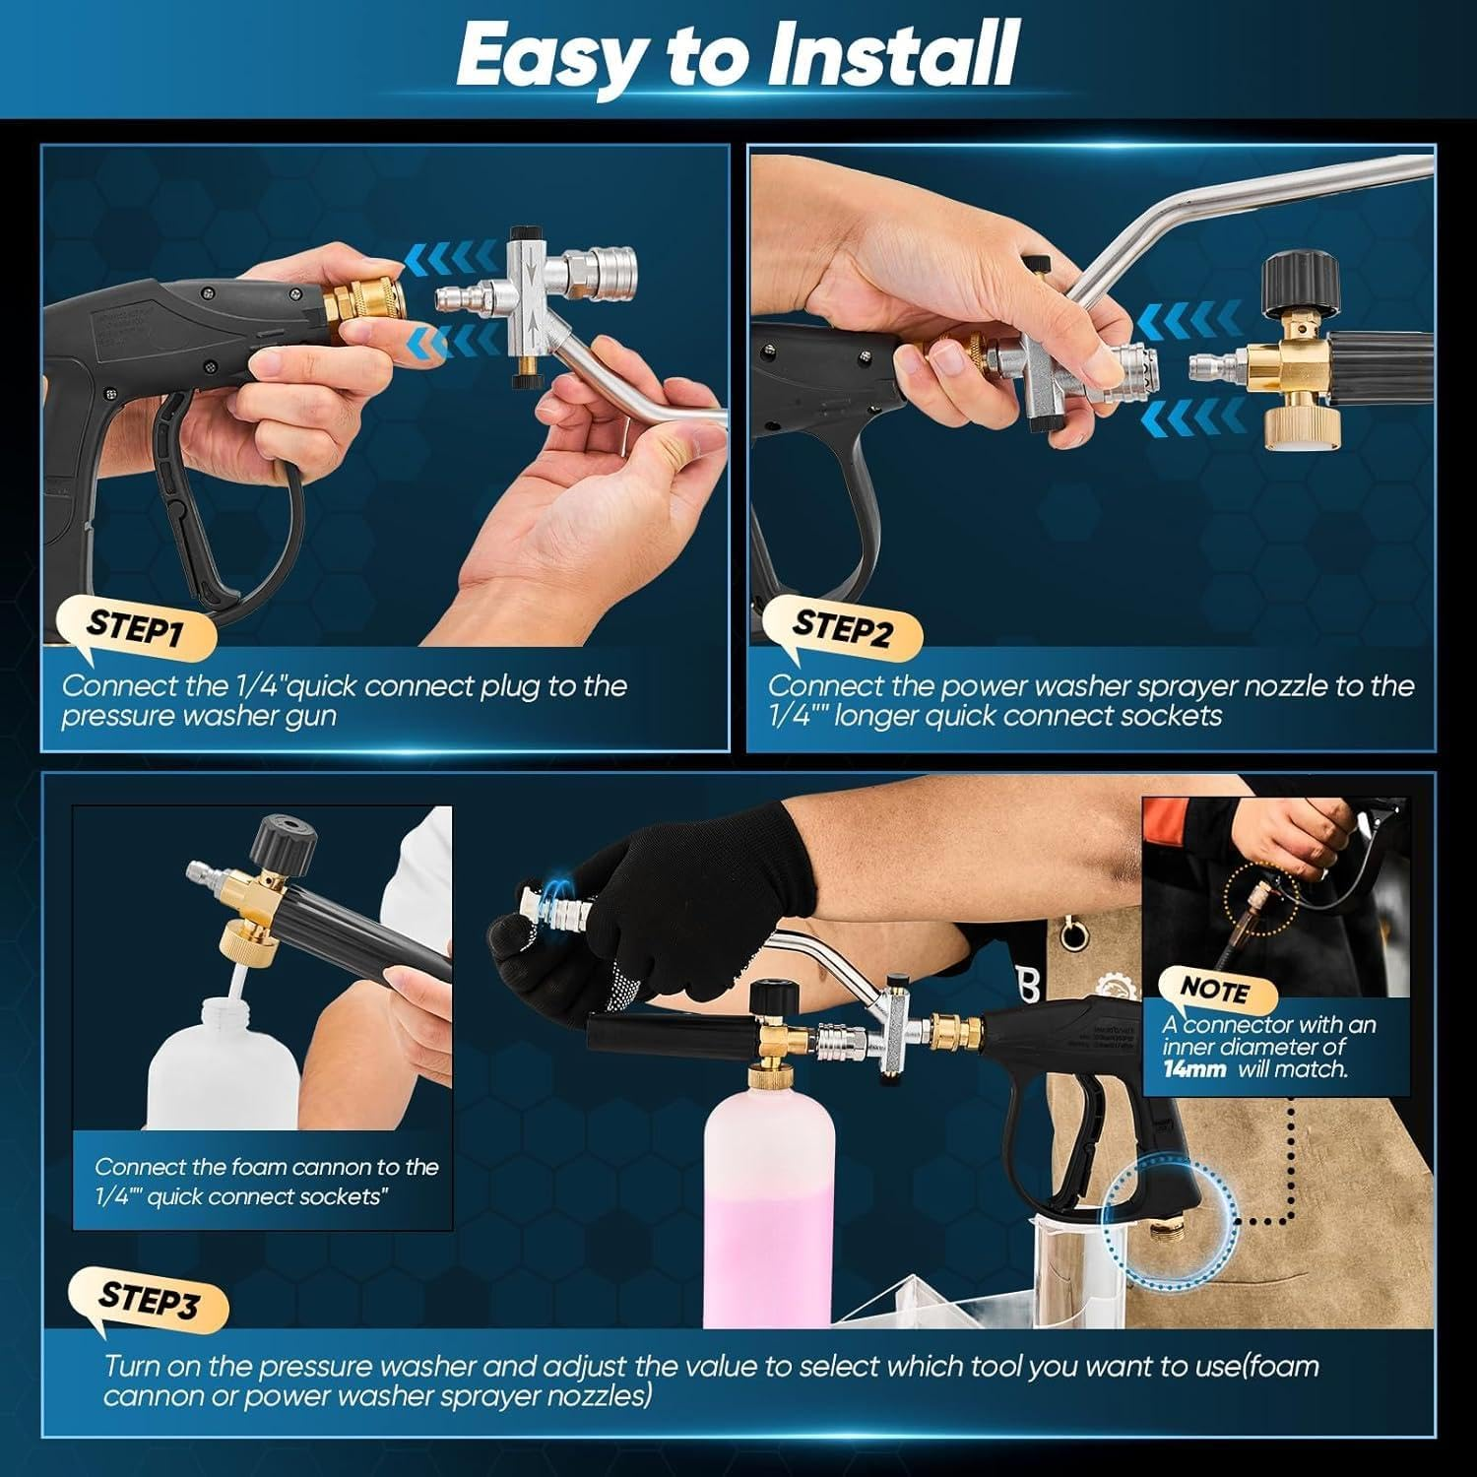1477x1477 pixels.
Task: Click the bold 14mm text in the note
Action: coord(1193,1069)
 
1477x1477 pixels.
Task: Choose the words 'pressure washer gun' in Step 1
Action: coord(198,716)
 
